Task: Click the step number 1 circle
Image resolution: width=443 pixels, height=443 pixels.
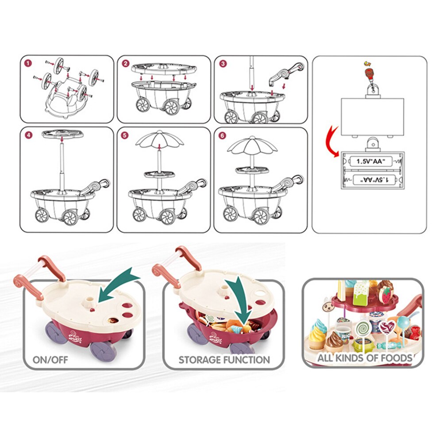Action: pos(28,63)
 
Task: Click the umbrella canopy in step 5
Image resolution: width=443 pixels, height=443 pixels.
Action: pos(159,141)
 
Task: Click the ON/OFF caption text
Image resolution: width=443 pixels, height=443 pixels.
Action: pos(50,359)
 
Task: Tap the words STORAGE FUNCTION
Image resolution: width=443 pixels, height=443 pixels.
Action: pos(224,359)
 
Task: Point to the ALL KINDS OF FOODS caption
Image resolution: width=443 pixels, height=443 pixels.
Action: pos(364,358)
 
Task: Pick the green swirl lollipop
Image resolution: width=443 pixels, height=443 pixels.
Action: pos(363,329)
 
